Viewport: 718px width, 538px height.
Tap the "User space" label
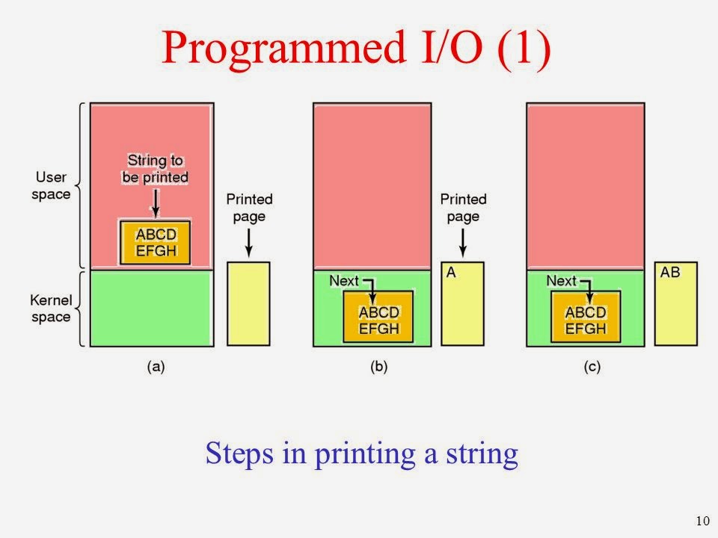tap(52, 186)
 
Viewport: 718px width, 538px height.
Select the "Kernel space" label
tap(52, 309)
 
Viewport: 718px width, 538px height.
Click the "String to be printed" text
tap(155, 169)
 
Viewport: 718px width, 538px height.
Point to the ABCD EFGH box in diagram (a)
tap(156, 242)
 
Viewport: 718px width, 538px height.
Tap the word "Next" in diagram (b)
tap(343, 281)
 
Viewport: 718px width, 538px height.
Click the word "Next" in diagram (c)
tap(561, 281)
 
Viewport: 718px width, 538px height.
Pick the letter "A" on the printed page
tap(451, 273)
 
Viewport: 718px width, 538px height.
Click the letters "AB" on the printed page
tap(670, 273)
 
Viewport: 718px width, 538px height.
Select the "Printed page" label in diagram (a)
tap(249, 207)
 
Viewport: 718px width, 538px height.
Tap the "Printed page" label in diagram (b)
tap(463, 207)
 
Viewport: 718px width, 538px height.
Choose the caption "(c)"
tap(588, 367)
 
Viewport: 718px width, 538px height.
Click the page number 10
tap(702, 521)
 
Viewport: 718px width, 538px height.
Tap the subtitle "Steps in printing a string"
tap(361, 454)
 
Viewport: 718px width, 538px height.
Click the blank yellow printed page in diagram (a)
tap(248, 303)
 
